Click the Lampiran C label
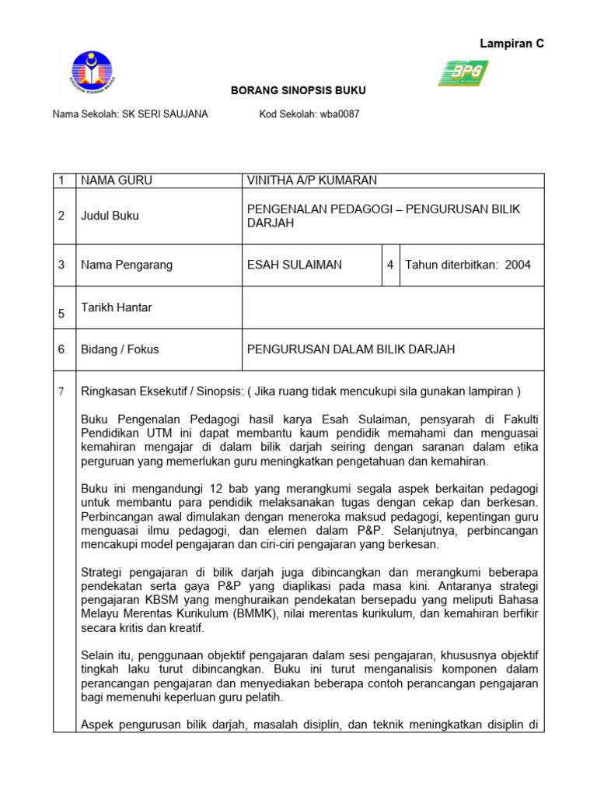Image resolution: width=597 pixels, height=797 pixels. tap(511, 44)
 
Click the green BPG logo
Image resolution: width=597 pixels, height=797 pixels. tap(463, 73)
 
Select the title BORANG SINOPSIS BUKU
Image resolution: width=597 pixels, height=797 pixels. tap(298, 91)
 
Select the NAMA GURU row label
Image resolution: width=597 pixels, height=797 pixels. tap(117, 181)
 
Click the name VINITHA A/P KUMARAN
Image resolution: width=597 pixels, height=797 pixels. tap(312, 181)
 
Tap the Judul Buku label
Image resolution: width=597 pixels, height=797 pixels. tap(110, 216)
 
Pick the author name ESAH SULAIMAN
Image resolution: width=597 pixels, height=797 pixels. tap(294, 265)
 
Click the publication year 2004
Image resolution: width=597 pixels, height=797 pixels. tap(518, 265)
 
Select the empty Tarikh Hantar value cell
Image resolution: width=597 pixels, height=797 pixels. tap(393, 307)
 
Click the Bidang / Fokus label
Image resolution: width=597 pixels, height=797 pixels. tap(120, 349)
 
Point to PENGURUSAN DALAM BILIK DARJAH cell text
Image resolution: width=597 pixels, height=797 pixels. tap(351, 349)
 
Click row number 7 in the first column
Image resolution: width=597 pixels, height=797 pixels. tap(61, 391)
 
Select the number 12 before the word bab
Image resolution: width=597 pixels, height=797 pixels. tap(216, 489)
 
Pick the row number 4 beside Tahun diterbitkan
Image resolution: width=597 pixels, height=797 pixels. tap(390, 265)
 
